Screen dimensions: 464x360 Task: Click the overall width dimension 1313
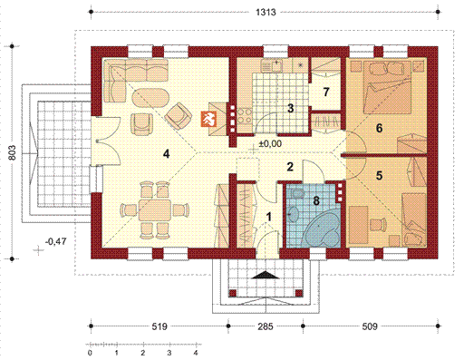point(266,12)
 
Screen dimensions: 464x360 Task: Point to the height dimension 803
point(13,152)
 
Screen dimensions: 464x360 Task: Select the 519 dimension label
point(159,326)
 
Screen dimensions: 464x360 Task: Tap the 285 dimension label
point(266,326)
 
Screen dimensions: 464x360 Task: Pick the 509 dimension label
point(370,326)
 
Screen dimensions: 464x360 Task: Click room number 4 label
point(166,154)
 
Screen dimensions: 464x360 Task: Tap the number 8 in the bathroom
point(316,200)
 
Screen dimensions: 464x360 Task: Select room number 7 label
point(326,92)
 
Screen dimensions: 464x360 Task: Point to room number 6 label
point(379,128)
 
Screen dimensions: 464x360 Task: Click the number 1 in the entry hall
point(269,217)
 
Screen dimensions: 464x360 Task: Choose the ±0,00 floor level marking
point(270,143)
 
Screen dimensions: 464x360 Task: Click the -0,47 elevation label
point(55,241)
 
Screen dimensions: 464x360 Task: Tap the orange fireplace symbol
point(209,119)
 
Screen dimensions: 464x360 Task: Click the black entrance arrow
point(266,275)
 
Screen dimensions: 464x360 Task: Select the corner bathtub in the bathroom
point(322,229)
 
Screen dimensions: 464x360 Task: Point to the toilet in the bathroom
point(297,193)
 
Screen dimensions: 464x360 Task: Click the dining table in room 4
point(154,209)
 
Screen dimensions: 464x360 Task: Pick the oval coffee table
point(151,97)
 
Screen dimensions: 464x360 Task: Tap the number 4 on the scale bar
point(196,353)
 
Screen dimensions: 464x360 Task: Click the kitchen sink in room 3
point(271,65)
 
